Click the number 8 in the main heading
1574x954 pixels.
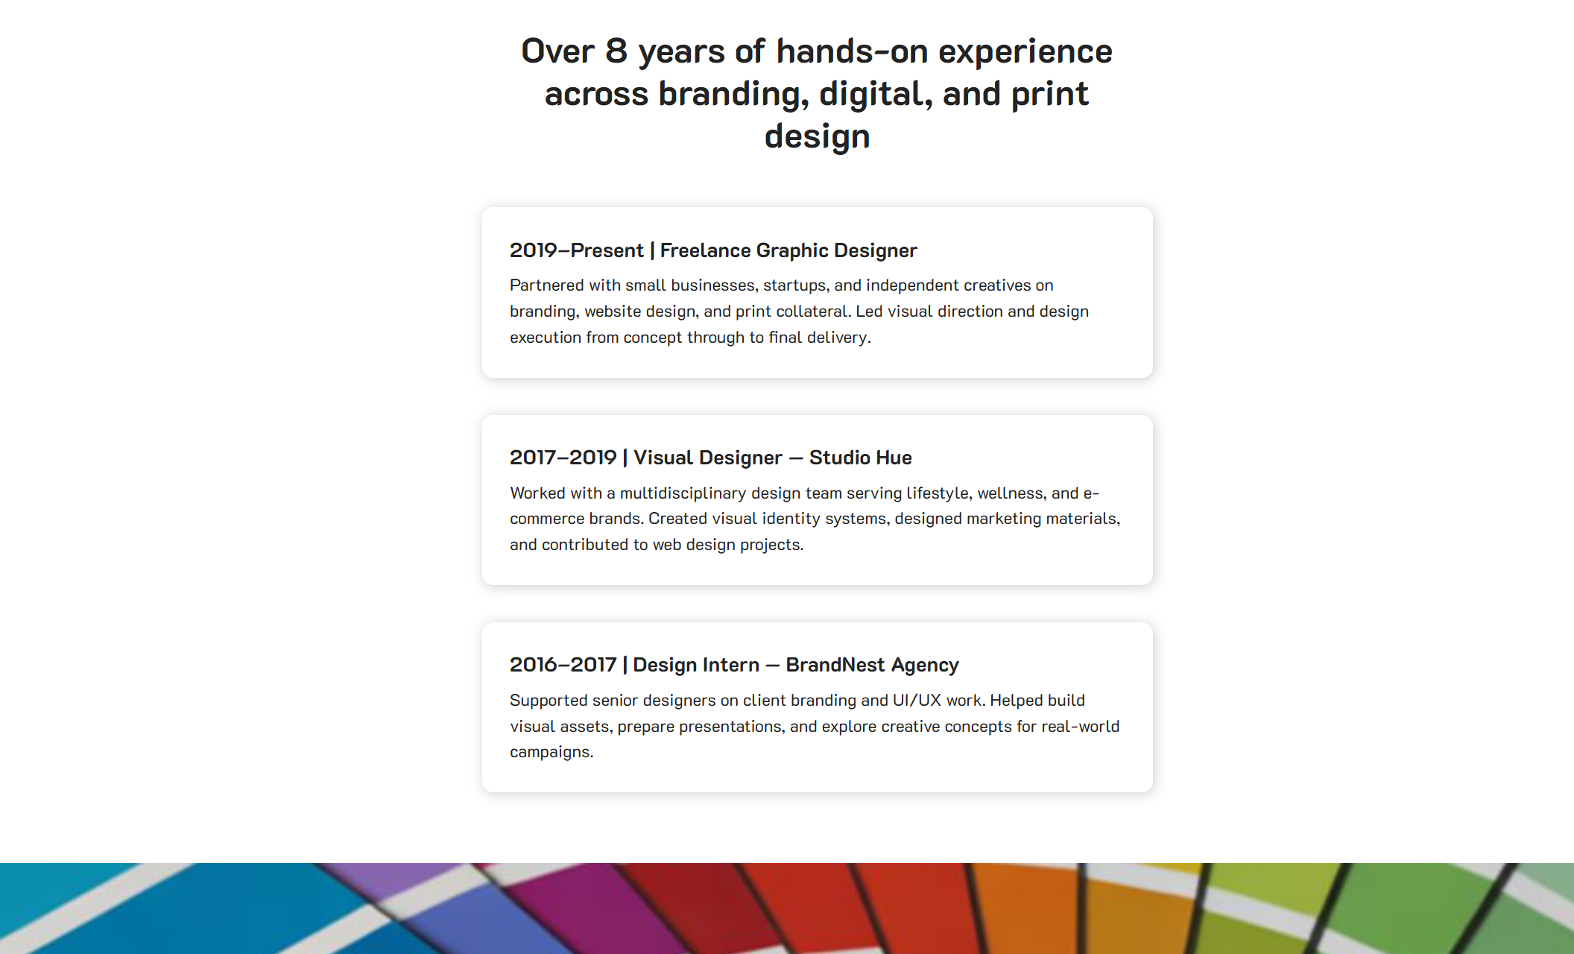click(616, 51)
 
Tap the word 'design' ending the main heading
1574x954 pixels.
click(817, 137)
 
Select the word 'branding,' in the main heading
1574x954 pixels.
click(733, 95)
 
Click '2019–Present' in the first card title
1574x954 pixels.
click(576, 250)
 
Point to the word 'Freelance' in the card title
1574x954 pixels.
click(705, 250)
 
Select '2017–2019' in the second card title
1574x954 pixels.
click(563, 458)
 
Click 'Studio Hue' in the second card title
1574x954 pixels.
click(860, 458)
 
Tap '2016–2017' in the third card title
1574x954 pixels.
click(563, 665)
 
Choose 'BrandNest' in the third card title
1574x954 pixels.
click(835, 665)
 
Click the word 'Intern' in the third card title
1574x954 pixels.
click(730, 665)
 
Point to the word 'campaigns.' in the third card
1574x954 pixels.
click(551, 752)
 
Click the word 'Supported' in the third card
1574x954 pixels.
click(549, 701)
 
